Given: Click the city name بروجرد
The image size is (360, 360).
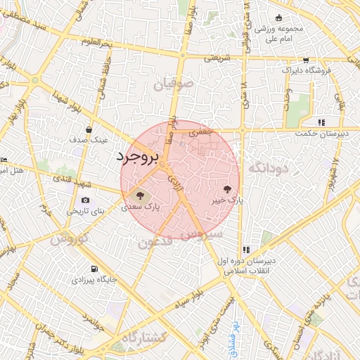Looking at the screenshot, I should [x=139, y=156].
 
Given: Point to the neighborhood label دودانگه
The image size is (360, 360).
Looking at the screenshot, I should [x=265, y=167].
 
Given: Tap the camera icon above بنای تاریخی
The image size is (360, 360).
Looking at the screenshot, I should [x=86, y=199].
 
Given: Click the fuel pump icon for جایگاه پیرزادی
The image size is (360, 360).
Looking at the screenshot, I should [x=94, y=269].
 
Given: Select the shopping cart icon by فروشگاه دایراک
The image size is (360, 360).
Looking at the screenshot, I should [x=305, y=60].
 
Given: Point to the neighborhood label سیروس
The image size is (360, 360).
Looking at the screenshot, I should [x=205, y=234].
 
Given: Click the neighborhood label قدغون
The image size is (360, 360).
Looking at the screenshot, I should [x=155, y=243].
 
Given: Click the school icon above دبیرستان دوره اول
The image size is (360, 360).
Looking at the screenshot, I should [x=246, y=250].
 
